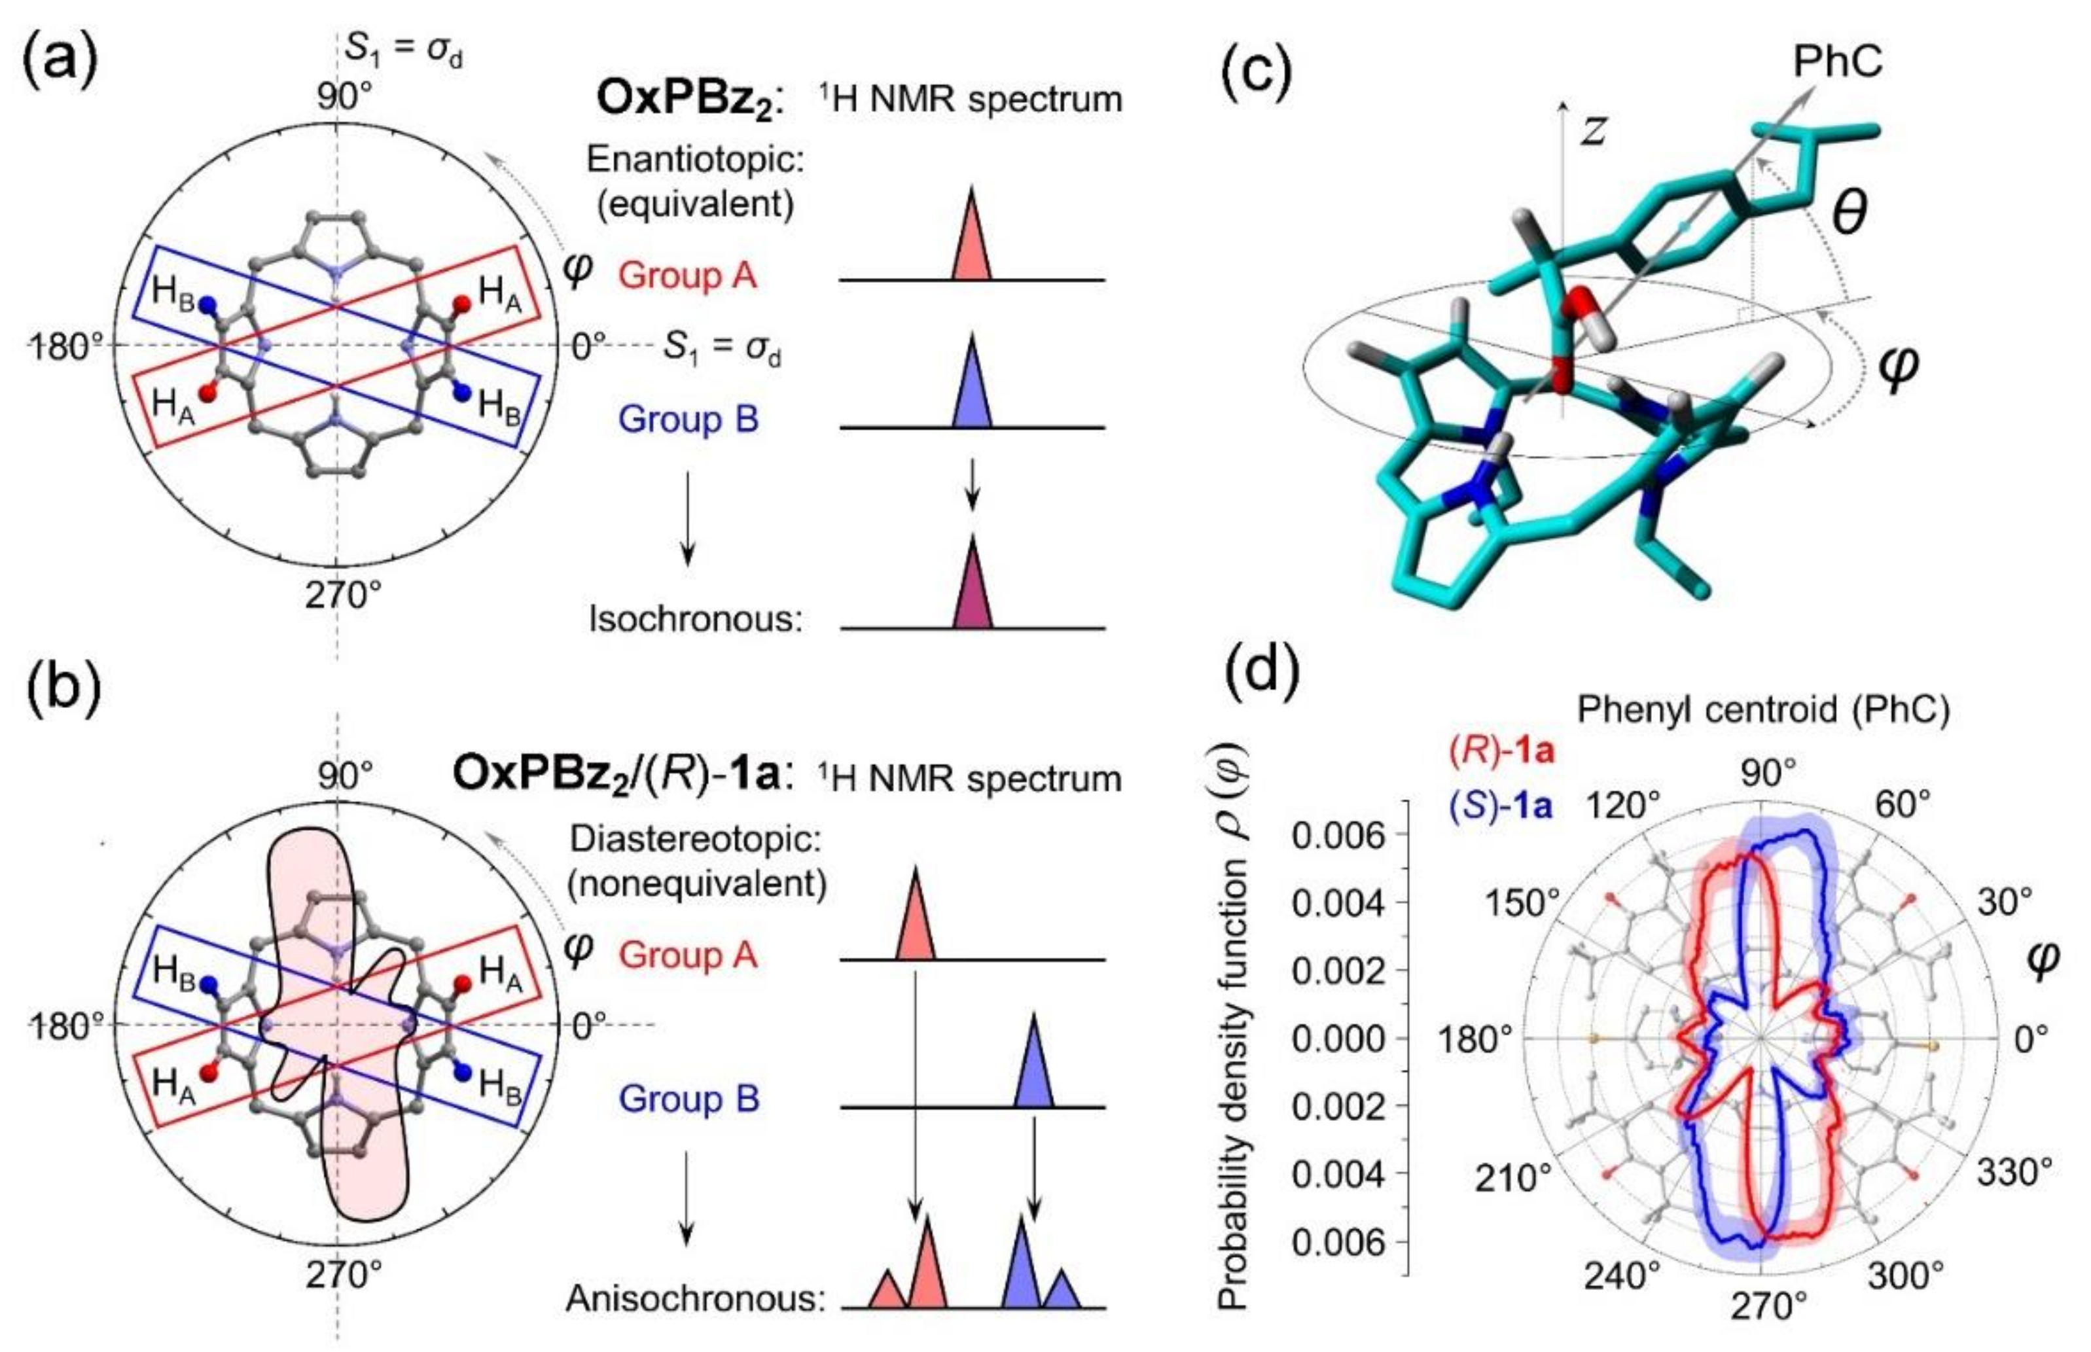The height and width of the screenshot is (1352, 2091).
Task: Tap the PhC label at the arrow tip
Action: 1837,62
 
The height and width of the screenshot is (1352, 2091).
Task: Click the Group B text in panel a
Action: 688,419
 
